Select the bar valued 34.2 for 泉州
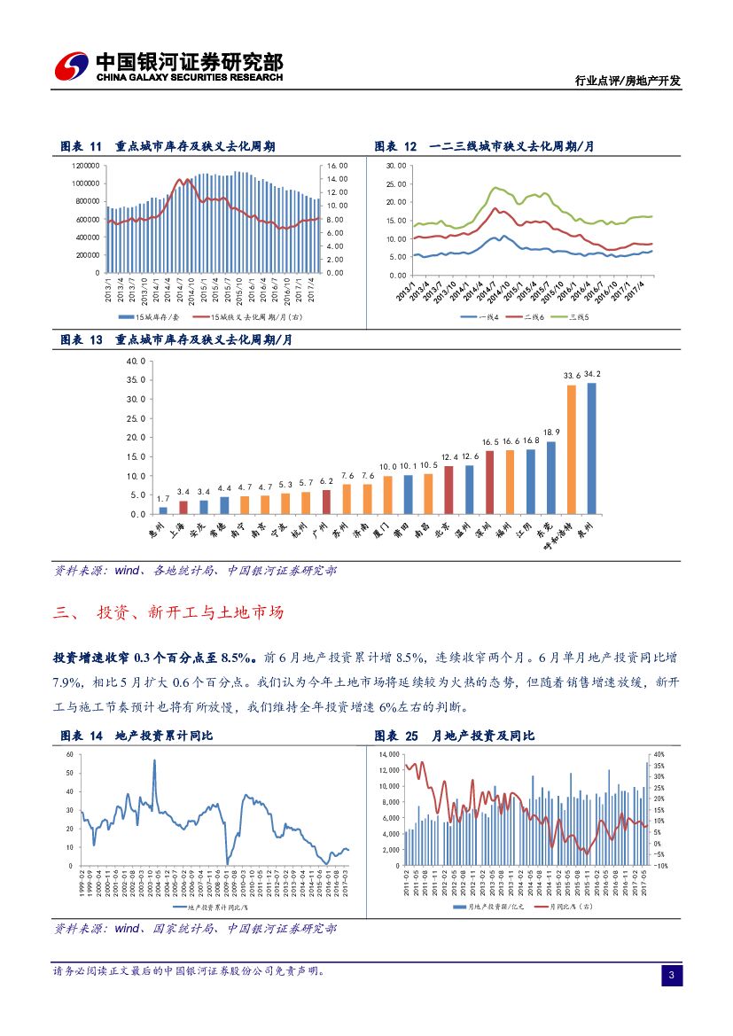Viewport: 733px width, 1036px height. pyautogui.click(x=591, y=448)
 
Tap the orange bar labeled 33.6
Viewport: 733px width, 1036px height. pyautogui.click(x=571, y=449)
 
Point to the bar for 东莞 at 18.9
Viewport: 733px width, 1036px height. pyautogui.click(x=550, y=478)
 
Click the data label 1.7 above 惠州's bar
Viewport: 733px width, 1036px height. pyautogui.click(x=163, y=498)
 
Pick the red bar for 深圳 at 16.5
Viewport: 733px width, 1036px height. pyautogui.click(x=489, y=482)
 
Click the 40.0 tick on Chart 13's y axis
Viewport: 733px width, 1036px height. pyautogui.click(x=136, y=362)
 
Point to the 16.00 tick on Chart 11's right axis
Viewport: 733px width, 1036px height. pyautogui.click(x=338, y=166)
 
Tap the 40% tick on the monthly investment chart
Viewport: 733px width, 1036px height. pyautogui.click(x=659, y=754)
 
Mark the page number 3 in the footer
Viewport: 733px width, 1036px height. pyautogui.click(x=671, y=976)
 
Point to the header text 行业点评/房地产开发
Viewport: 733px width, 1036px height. pyautogui.click(x=636, y=81)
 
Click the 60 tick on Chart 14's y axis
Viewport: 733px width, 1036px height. pyautogui.click(x=68, y=754)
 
